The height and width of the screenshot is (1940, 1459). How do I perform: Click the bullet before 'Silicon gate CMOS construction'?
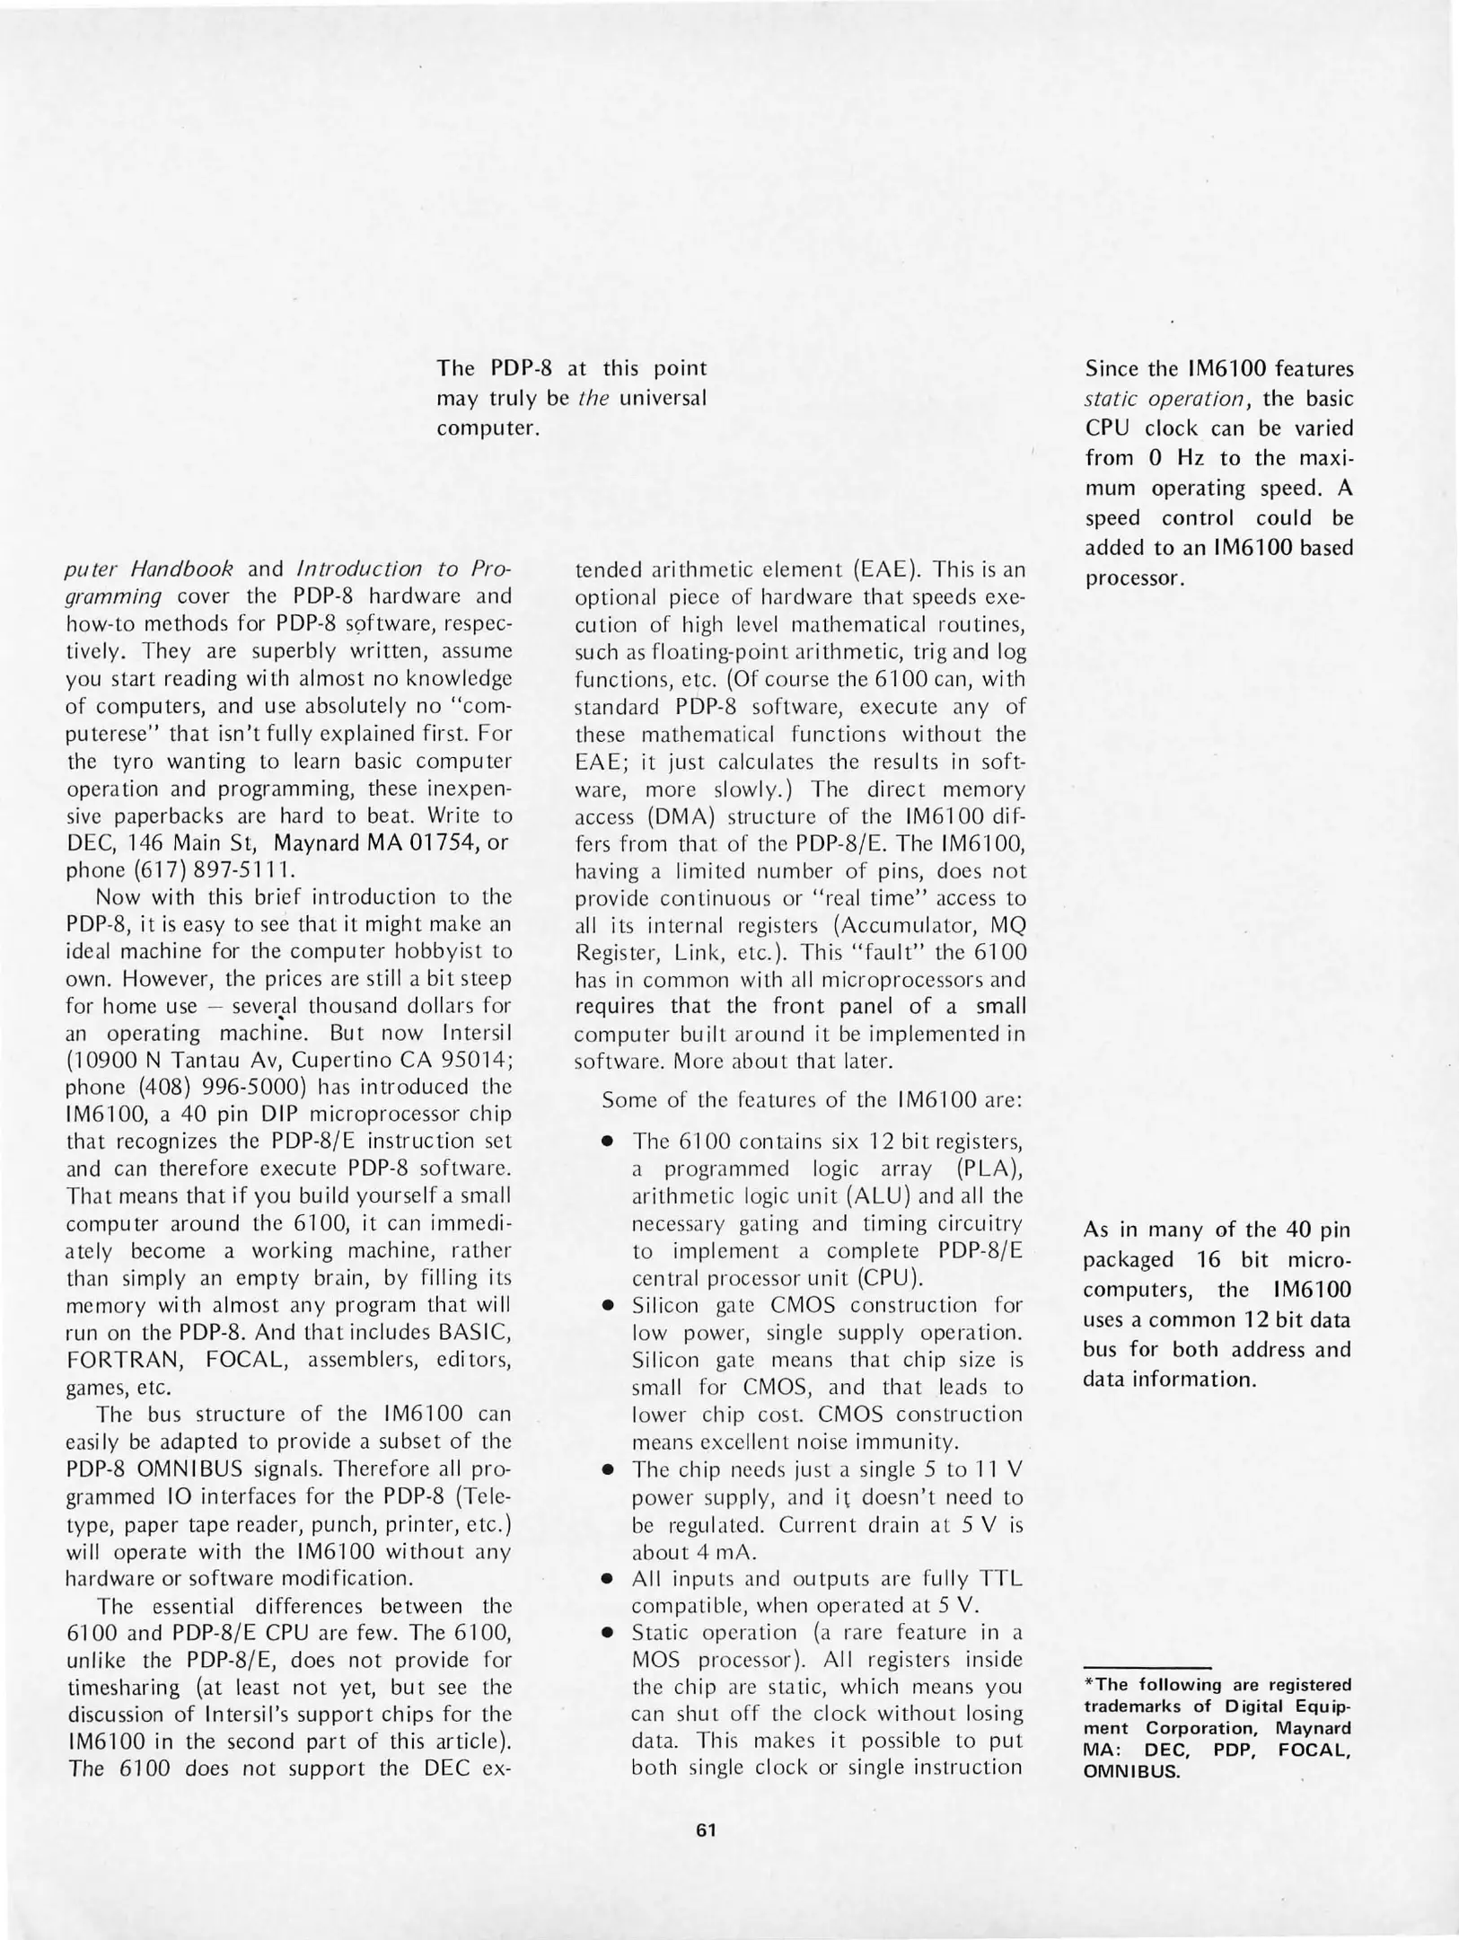point(609,1306)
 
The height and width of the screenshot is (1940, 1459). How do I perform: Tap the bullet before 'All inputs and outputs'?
point(609,1579)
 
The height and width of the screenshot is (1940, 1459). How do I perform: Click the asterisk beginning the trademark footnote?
point(1088,1684)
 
